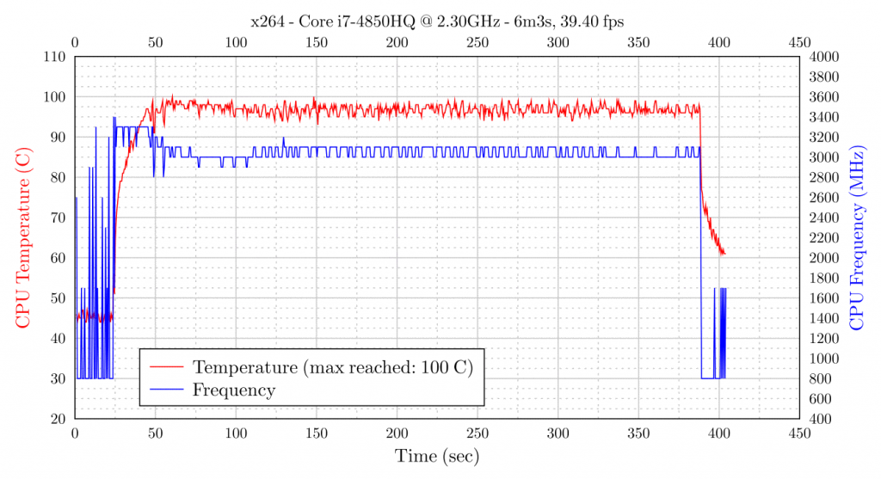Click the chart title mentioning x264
pos(436,20)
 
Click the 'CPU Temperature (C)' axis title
pos(22,236)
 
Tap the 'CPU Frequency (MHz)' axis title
pos(857,236)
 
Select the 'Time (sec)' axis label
pos(436,456)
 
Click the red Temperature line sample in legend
pos(168,367)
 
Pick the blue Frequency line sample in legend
pos(168,390)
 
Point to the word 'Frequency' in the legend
pos(234,390)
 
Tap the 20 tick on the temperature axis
pos(59,419)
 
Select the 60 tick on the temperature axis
pos(59,258)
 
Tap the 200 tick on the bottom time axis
pos(397,434)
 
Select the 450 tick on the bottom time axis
pos(799,434)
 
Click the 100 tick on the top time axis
pos(236,42)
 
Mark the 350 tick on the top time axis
pos(638,42)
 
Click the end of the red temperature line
pos(724,254)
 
